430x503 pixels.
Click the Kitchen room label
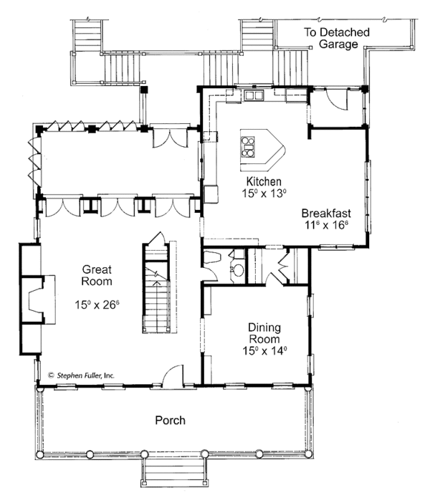pyautogui.click(x=264, y=181)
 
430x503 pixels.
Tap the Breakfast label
pyautogui.click(x=326, y=214)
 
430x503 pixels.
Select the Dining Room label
pyautogui.click(x=264, y=333)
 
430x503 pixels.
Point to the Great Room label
pyautogui.click(x=97, y=275)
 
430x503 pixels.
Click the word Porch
pyautogui.click(x=170, y=420)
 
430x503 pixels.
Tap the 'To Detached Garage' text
pyautogui.click(x=337, y=38)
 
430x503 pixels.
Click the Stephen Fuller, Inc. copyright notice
pyautogui.click(x=81, y=375)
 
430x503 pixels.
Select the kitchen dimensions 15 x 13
pyautogui.click(x=264, y=193)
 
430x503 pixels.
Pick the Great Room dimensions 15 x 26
pyautogui.click(x=97, y=304)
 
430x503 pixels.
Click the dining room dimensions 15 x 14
pyautogui.click(x=264, y=350)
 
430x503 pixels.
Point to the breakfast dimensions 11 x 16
pyautogui.click(x=326, y=224)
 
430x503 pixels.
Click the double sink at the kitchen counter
pyautogui.click(x=254, y=95)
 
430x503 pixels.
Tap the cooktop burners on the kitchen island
pyautogui.click(x=248, y=147)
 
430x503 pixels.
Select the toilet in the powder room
pyautogui.click(x=212, y=258)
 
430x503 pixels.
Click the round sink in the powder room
pyautogui.click(x=238, y=270)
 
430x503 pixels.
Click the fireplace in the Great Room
pyautogui.click(x=39, y=300)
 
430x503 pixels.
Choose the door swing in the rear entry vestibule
pyautogui.click(x=337, y=100)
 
